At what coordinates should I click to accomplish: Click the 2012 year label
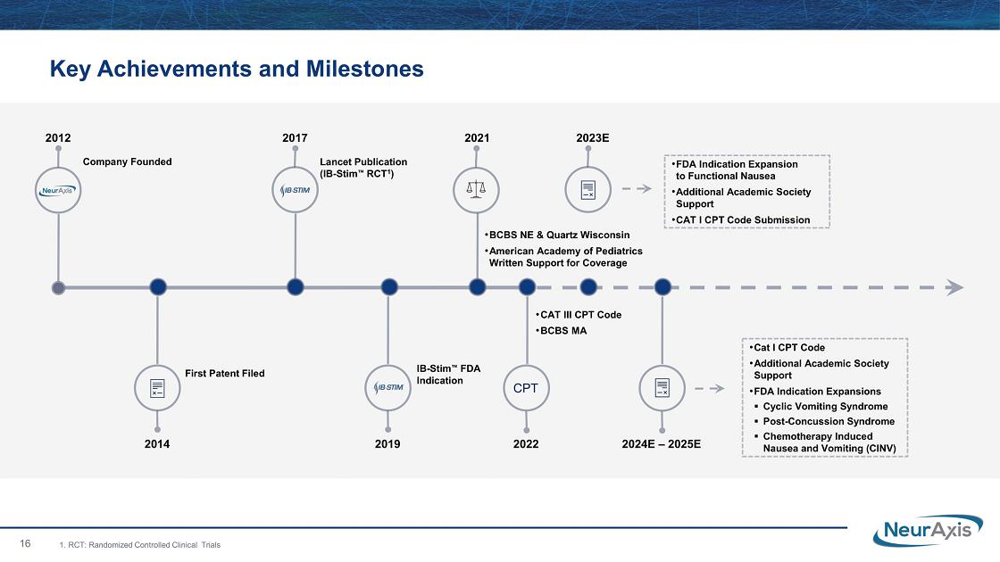(x=58, y=137)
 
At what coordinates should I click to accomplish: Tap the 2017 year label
(x=295, y=137)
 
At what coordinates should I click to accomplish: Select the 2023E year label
(x=593, y=137)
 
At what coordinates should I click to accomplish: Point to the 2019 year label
(x=387, y=444)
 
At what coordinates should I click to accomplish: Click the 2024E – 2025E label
(x=662, y=444)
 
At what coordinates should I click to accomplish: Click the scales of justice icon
(x=477, y=189)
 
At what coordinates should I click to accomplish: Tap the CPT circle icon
(x=526, y=388)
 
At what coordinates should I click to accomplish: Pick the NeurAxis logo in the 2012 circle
(x=58, y=191)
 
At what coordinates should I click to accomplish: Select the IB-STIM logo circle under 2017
(x=296, y=190)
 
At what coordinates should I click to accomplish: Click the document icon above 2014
(x=157, y=388)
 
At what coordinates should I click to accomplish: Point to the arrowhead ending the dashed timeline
(x=954, y=287)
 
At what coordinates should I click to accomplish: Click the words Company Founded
(x=128, y=161)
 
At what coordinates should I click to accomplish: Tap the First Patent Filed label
(x=224, y=374)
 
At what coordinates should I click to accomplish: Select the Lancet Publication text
(x=363, y=161)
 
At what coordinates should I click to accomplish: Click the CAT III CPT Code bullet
(x=579, y=315)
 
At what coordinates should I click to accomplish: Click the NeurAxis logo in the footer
(x=928, y=531)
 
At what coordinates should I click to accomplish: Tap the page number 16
(x=26, y=543)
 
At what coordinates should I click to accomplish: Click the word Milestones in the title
(x=365, y=69)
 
